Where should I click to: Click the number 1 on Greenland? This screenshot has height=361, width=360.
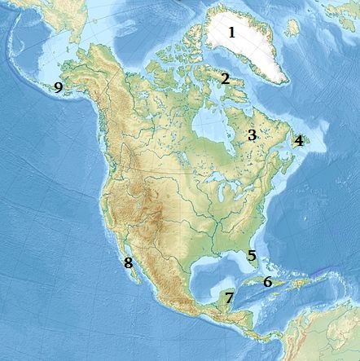click(231, 33)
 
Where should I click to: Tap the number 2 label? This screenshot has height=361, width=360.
click(225, 79)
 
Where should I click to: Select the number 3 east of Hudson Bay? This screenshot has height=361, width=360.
click(252, 134)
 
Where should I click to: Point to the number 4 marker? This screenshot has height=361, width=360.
click(299, 140)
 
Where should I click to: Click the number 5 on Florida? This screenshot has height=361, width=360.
click(252, 255)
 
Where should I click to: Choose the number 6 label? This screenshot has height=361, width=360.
click(267, 282)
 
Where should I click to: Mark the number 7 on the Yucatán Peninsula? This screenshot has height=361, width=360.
click(229, 297)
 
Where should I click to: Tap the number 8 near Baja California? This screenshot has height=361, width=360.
click(128, 262)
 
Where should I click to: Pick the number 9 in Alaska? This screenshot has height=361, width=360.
click(58, 87)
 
